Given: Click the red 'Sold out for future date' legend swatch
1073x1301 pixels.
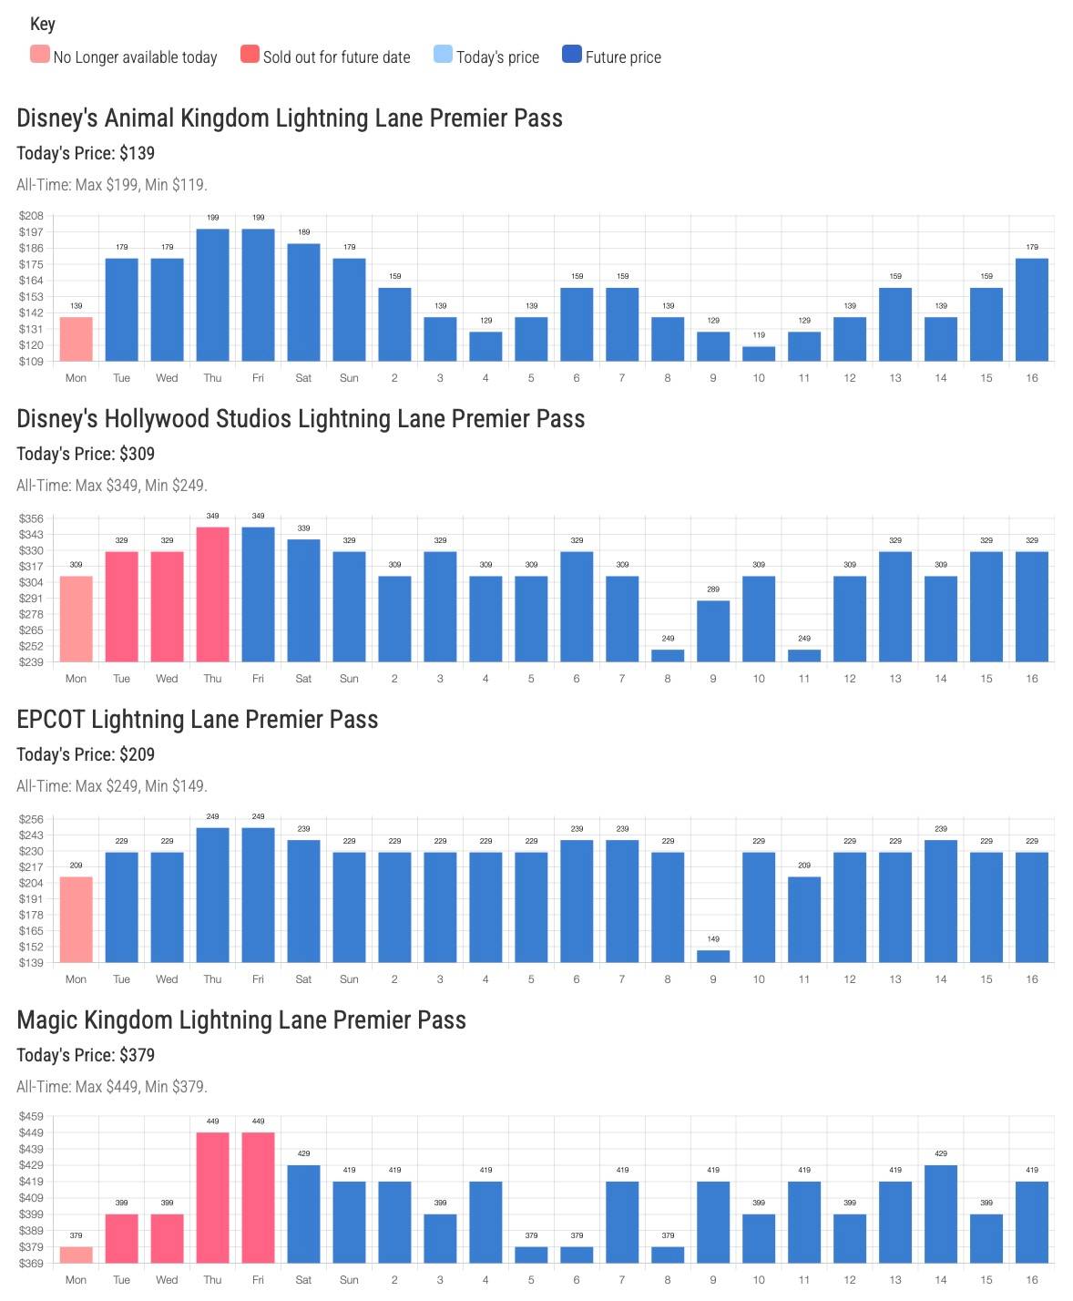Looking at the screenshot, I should click(250, 55).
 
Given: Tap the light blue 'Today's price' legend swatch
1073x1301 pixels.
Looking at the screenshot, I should click(443, 55).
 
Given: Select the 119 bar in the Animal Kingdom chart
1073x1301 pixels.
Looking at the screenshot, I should click(759, 353).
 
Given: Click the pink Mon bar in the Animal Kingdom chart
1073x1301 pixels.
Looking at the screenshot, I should click(77, 339).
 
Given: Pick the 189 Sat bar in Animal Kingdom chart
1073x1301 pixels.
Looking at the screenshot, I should click(303, 302).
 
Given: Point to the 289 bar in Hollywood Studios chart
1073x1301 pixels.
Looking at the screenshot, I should click(713, 630).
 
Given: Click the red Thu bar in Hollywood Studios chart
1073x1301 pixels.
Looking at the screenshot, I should click(212, 594).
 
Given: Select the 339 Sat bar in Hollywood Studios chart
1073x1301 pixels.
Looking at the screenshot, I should click(303, 600).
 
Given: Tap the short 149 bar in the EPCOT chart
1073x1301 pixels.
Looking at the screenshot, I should click(713, 956).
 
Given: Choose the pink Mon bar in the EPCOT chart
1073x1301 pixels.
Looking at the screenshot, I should click(77, 919).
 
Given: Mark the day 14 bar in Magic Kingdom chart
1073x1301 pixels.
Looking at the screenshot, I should click(941, 1214).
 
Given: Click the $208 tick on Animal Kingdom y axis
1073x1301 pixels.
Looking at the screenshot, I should click(31, 216).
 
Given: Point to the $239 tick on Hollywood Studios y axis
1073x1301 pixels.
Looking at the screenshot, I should click(31, 662).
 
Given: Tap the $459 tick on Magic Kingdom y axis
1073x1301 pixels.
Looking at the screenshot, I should click(31, 1117).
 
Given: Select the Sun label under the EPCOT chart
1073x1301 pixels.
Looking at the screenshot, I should click(349, 979).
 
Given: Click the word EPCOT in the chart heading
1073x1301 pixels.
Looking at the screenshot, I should click(51, 720).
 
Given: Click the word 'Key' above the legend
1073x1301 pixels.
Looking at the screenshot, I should click(43, 25).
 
